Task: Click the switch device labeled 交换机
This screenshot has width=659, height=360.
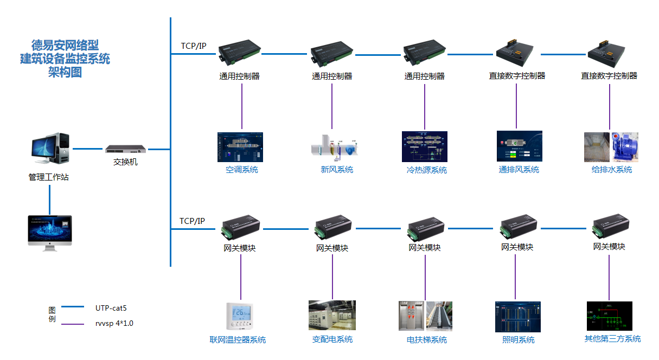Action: point(126,149)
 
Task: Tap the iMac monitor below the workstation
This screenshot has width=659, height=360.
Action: point(49,232)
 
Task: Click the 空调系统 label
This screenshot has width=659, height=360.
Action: point(242,170)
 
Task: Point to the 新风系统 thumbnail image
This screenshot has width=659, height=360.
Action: point(332,147)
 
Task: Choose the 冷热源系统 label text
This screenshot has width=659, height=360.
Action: point(426,170)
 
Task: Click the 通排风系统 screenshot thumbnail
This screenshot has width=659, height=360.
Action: point(519,146)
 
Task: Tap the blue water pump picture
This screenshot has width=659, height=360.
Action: point(625,146)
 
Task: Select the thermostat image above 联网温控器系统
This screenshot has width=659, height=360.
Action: point(240,316)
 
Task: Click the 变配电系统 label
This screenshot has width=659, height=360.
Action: point(332,339)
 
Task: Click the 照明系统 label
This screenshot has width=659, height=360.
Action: point(518,339)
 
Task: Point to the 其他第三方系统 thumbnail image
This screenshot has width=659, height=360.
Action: point(609,316)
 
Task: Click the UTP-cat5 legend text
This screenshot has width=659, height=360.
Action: point(111,308)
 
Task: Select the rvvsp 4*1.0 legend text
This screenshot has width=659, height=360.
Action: point(114,324)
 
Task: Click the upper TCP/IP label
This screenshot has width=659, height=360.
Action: point(193,46)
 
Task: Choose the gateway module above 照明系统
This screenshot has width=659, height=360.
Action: point(518,227)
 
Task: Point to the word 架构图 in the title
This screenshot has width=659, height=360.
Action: point(65,72)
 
